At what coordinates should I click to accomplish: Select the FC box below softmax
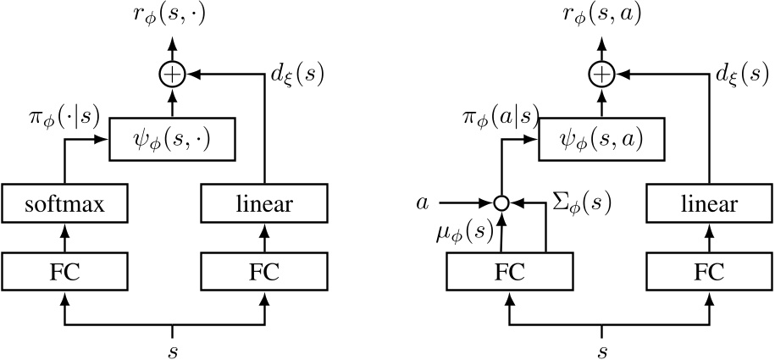(64, 273)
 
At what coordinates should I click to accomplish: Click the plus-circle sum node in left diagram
(172, 76)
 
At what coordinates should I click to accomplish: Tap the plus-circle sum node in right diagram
(602, 76)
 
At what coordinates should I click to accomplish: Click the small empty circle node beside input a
(502, 203)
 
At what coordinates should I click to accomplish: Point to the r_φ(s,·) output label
(172, 18)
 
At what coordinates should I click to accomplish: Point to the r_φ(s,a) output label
(602, 18)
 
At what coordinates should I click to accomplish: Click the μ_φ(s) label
(468, 232)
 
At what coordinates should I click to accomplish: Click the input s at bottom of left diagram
(172, 348)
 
